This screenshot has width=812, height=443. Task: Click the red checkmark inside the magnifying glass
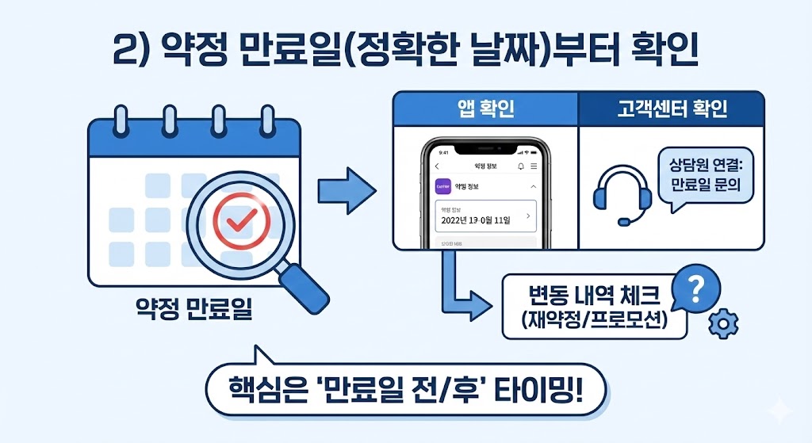click(x=236, y=221)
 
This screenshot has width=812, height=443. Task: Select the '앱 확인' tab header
click(x=486, y=109)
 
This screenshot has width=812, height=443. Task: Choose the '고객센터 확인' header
click(x=672, y=109)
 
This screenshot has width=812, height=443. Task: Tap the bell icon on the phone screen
click(x=521, y=166)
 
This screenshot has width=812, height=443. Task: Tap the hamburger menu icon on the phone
click(x=534, y=166)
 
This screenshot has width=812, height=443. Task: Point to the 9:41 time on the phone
click(x=443, y=152)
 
